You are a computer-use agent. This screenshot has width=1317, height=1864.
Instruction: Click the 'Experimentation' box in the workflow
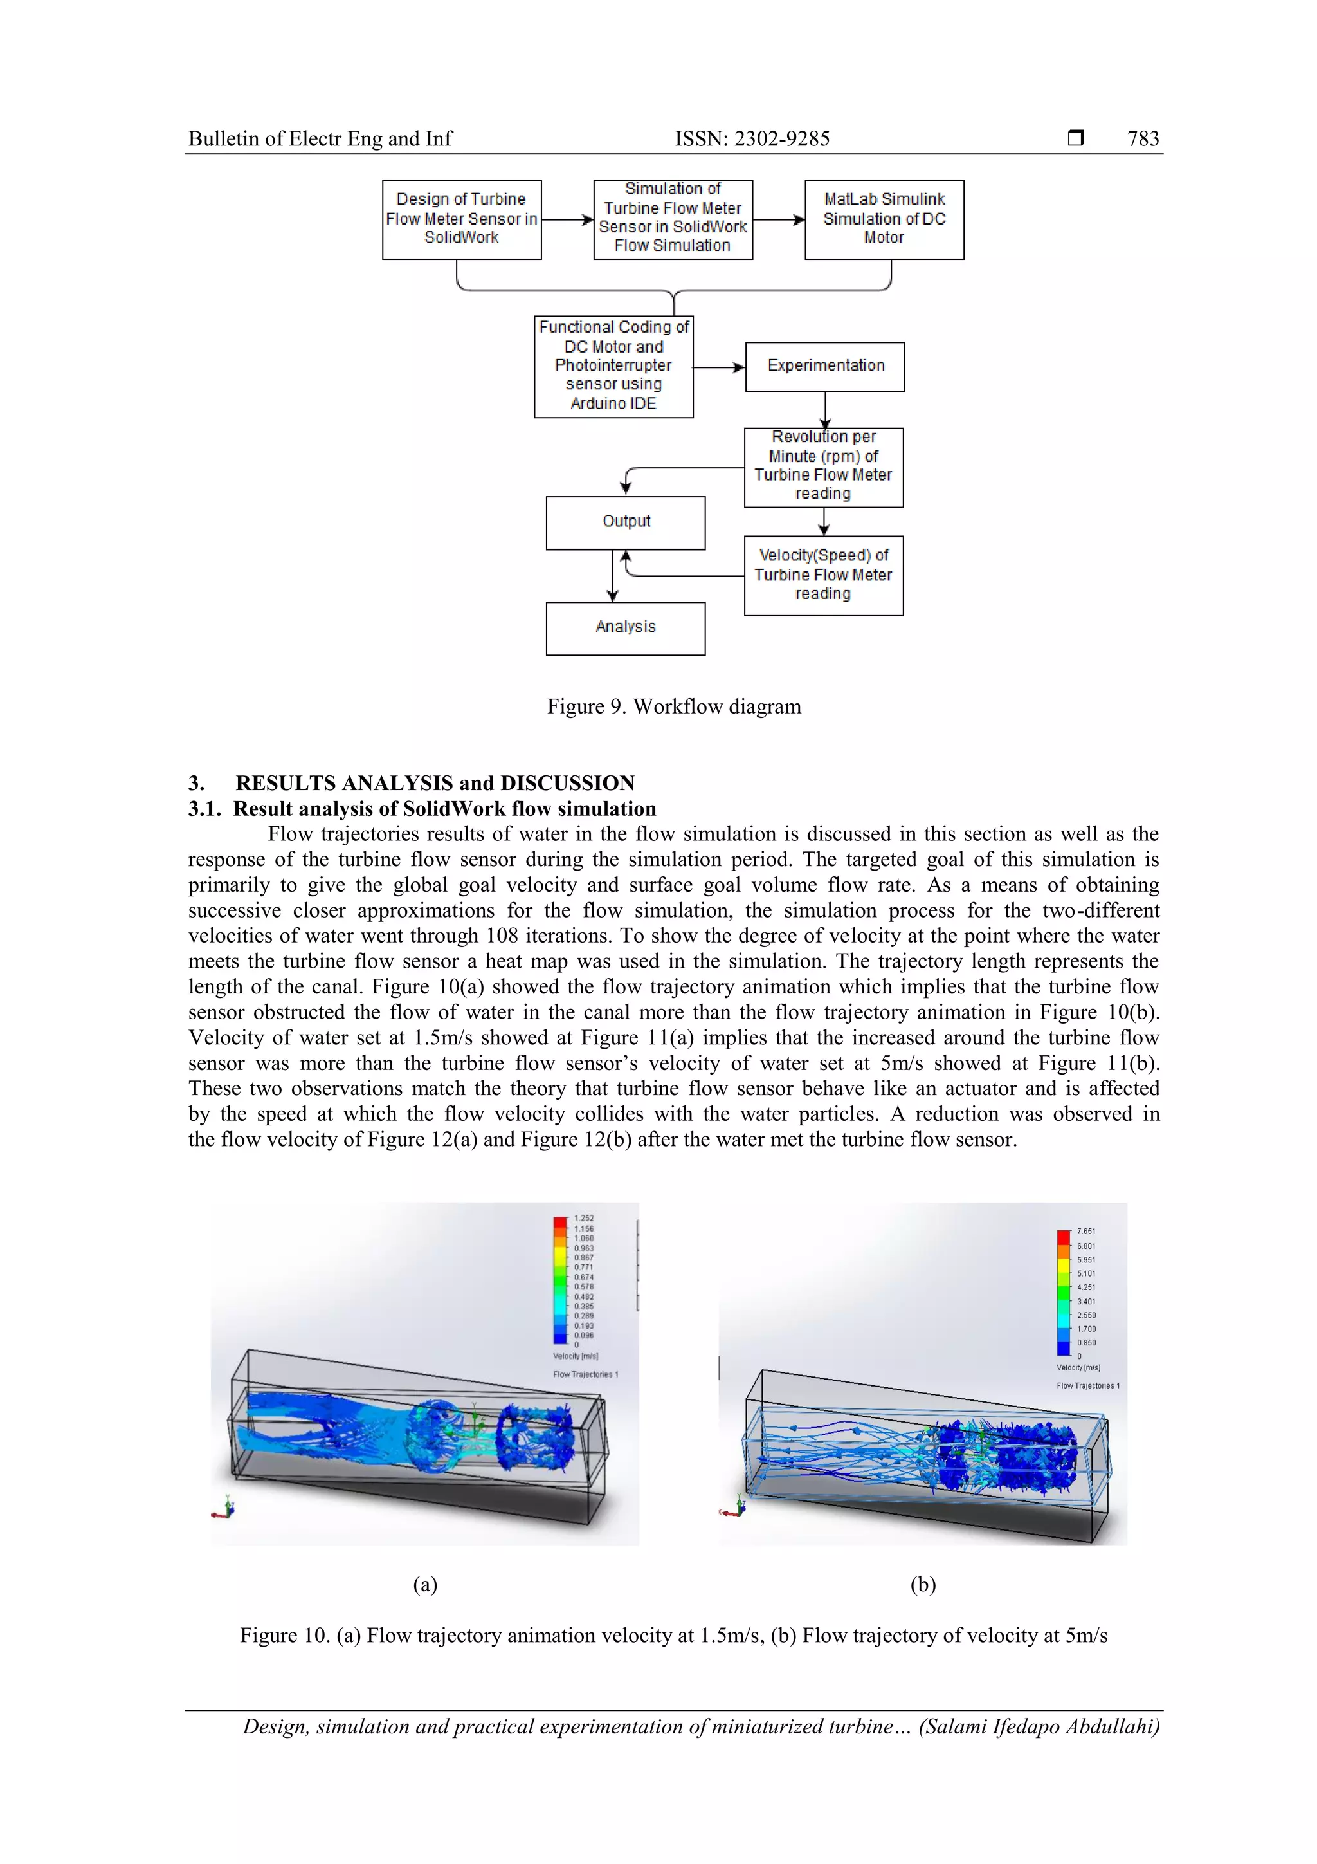(824, 366)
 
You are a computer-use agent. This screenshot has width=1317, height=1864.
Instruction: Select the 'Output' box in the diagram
(625, 522)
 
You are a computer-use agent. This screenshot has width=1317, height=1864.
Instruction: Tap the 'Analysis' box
(625, 627)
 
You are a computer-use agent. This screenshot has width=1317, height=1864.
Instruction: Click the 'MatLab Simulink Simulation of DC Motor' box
(884, 219)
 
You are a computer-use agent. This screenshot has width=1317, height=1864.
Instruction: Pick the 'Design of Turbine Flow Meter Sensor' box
(461, 219)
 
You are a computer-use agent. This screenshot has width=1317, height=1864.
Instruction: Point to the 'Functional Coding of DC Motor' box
(613, 366)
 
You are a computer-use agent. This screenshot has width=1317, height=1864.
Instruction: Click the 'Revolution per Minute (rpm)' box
(823, 467)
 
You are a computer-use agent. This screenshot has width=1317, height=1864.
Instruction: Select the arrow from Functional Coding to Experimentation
(719, 368)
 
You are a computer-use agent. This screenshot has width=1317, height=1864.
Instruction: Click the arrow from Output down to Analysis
(613, 577)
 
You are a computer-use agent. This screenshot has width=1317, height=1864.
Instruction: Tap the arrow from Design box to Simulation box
(567, 219)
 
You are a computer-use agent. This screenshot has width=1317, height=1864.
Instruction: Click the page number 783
(1143, 139)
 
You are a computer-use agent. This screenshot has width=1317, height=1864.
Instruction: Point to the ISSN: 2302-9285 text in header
(752, 139)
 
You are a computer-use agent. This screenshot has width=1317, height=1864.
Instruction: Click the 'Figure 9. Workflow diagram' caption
(673, 706)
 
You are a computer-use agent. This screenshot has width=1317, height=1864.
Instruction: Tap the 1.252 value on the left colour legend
(583, 1218)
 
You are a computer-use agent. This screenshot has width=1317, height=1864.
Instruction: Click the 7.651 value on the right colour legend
(1085, 1231)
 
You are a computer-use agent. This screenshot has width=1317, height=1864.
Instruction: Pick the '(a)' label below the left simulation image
(425, 1584)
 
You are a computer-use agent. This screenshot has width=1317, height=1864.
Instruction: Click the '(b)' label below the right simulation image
(923, 1584)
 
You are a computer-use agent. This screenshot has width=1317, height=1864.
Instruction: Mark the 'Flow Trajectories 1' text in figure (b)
(1087, 1385)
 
